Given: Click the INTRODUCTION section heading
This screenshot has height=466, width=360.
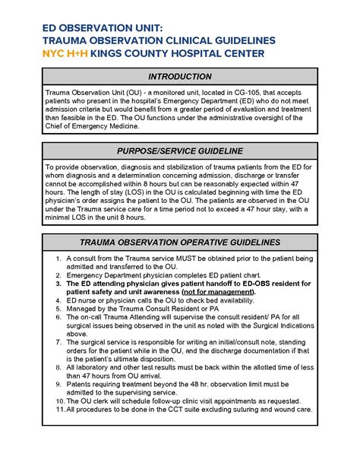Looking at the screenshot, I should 180,77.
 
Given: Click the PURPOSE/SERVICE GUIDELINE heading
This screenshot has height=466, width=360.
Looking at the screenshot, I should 180,151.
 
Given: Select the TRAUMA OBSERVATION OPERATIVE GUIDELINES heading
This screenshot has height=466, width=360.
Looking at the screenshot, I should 180,243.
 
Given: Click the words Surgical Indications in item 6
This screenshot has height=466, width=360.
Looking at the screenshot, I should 280,325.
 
